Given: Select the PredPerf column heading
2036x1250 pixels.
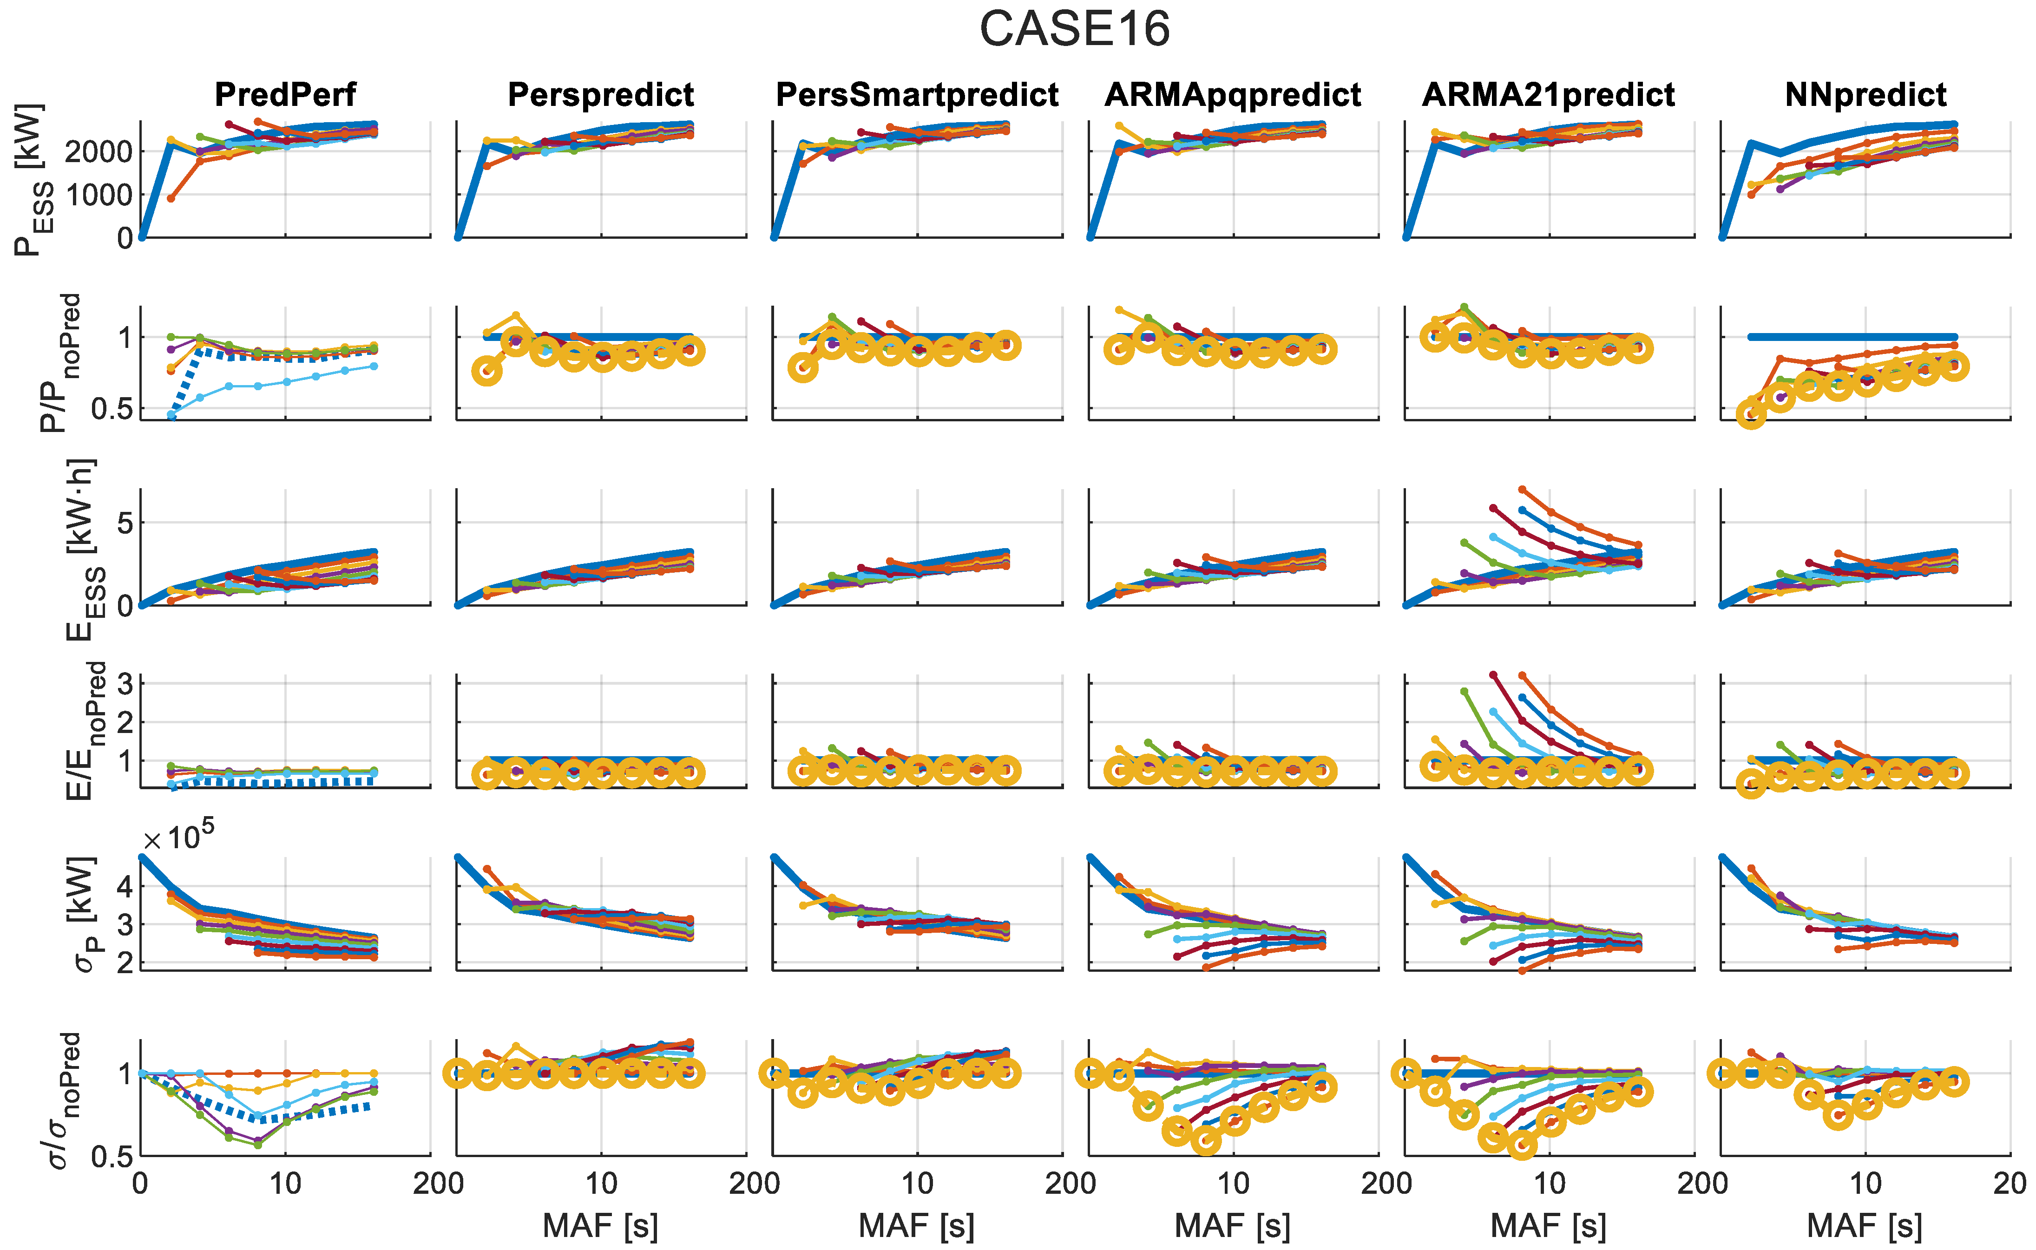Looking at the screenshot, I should click(x=285, y=95).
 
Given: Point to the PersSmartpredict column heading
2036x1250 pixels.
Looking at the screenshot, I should click(x=917, y=95).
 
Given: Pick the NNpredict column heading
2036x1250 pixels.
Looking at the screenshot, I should click(x=1865, y=95).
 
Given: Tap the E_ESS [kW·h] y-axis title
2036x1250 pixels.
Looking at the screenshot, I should click(x=83, y=550).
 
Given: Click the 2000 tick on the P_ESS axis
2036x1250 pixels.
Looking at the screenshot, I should click(x=98, y=151).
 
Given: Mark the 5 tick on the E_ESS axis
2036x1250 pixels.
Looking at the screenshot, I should click(x=124, y=524).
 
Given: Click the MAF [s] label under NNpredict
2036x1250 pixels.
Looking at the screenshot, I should click(x=1865, y=1225).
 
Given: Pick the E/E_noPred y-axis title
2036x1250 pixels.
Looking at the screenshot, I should click(x=83, y=730).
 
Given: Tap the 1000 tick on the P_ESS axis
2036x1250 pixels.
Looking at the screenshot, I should click(x=98, y=195).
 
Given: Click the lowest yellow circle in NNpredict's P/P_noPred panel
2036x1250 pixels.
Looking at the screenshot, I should click(x=1751, y=413).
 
